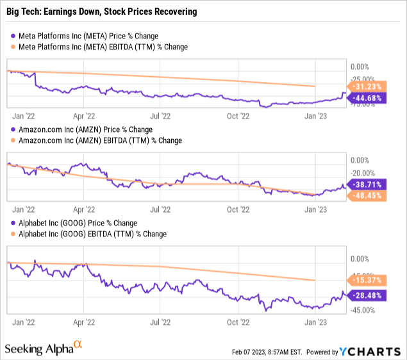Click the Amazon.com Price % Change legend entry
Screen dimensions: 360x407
pos(82,129)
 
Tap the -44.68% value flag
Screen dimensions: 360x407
pos(366,97)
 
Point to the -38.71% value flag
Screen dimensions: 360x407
pos(366,184)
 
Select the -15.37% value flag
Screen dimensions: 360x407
pos(366,280)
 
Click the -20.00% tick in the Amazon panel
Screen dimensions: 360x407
pos(363,173)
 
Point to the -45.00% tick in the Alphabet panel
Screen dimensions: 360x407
pos(363,311)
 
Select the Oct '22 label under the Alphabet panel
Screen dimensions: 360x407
pos(238,324)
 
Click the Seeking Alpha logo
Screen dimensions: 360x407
pos(44,348)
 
